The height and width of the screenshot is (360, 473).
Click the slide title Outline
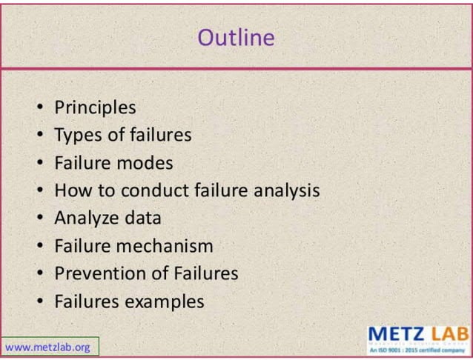236,37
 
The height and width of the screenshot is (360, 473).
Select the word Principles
95,107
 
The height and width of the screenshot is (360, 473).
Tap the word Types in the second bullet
77,135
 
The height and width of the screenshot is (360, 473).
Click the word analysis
286,190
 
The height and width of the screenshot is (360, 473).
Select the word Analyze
86,218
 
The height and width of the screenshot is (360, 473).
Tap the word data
142,218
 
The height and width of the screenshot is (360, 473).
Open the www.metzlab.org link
47,346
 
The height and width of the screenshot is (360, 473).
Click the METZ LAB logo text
417,334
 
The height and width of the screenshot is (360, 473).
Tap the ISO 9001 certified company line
417,351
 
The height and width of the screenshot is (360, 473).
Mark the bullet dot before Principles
40,108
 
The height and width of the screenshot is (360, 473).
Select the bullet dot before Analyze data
40,219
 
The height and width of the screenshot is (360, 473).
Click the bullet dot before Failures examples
40,301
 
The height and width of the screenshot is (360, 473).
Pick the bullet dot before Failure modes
40,163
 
